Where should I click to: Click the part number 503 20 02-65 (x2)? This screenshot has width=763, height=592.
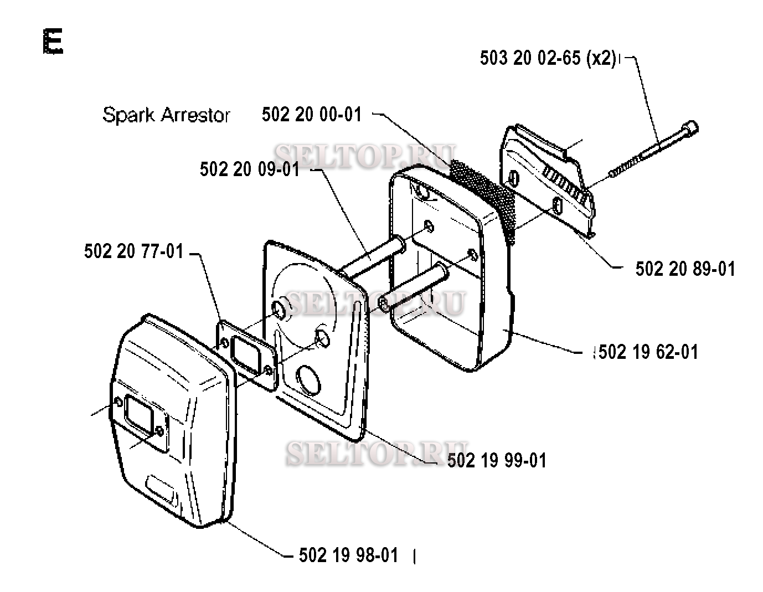click(548, 59)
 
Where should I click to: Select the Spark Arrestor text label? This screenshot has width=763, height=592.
click(166, 115)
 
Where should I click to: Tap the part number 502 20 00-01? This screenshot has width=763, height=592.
click(311, 115)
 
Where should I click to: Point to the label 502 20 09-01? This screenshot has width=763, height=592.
click(249, 169)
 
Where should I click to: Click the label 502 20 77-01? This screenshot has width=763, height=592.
click(133, 251)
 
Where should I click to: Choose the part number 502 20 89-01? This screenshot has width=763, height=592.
click(685, 269)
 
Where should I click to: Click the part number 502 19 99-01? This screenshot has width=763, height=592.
click(496, 460)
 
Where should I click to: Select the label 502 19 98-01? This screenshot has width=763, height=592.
click(348, 555)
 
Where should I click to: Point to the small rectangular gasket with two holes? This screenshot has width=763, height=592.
click(246, 354)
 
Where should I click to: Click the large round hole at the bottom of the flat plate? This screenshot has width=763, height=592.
click(309, 380)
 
